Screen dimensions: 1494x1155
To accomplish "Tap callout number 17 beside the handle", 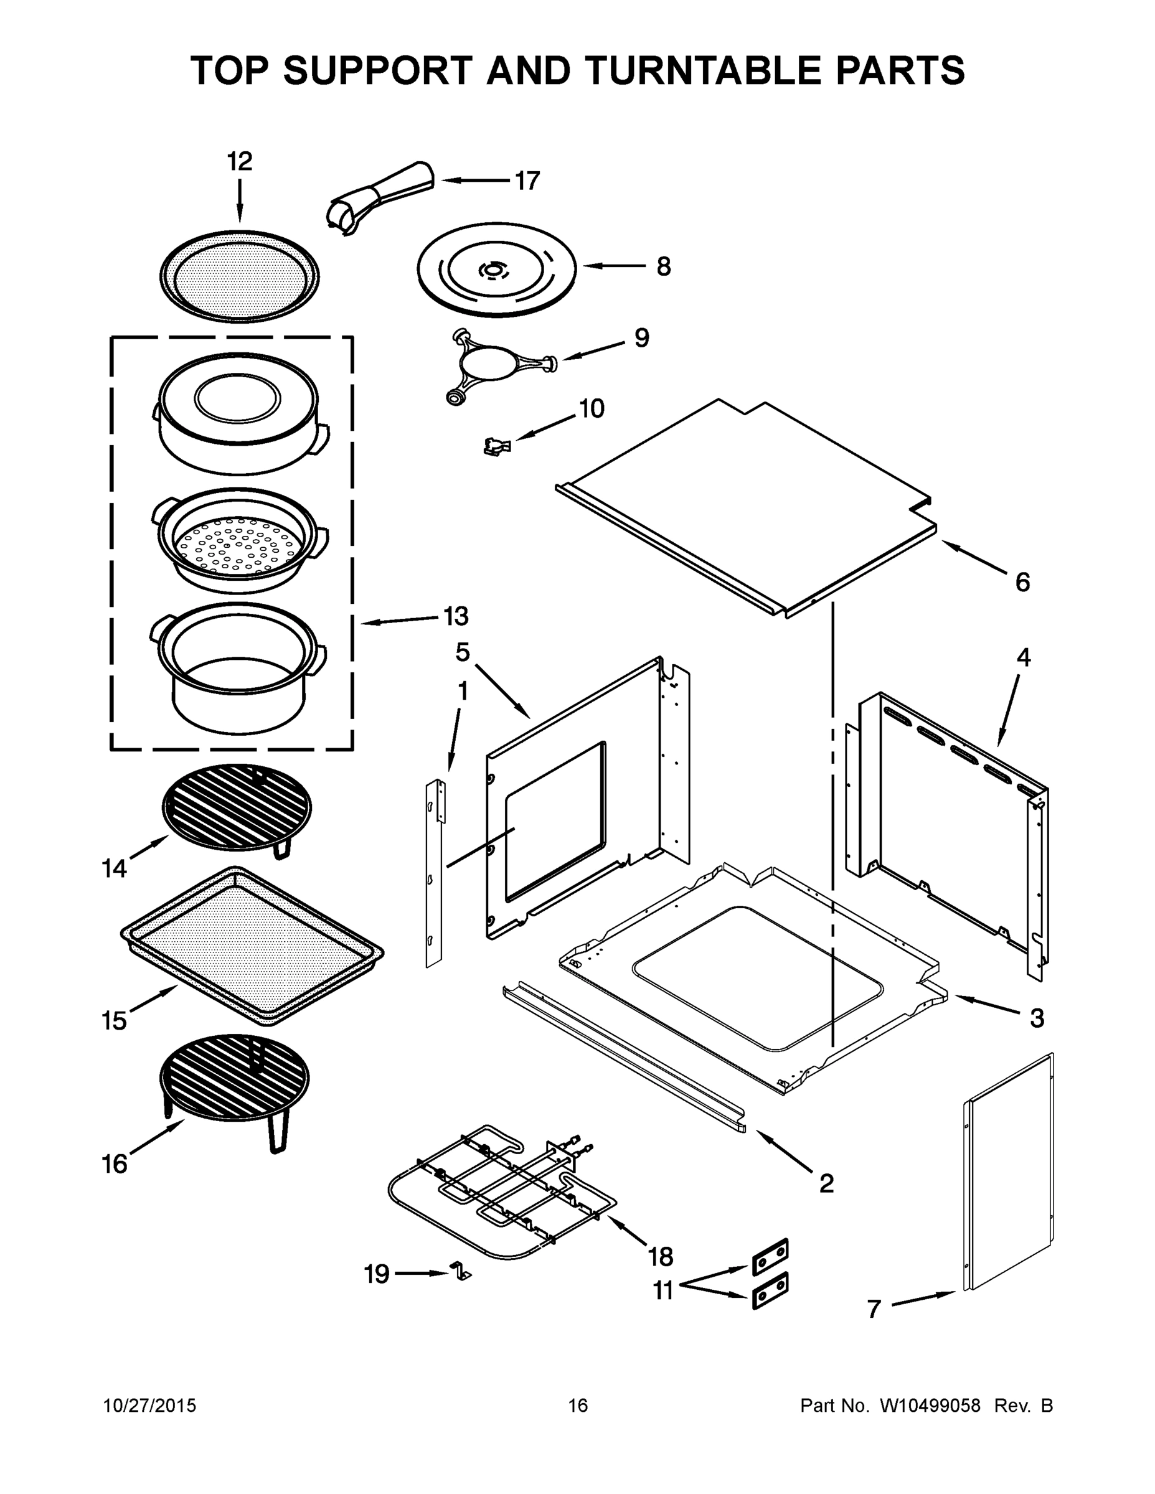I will [x=527, y=181].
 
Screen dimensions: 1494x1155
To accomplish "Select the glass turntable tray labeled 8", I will [x=497, y=270].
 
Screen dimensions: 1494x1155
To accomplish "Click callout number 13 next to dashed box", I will [x=456, y=616].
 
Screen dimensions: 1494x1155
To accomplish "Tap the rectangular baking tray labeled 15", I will [x=251, y=946].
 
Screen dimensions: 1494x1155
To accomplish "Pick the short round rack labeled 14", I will [x=237, y=807].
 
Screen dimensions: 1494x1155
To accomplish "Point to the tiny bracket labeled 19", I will [x=461, y=1273].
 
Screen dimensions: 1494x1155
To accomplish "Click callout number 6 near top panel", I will [x=1022, y=582].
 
